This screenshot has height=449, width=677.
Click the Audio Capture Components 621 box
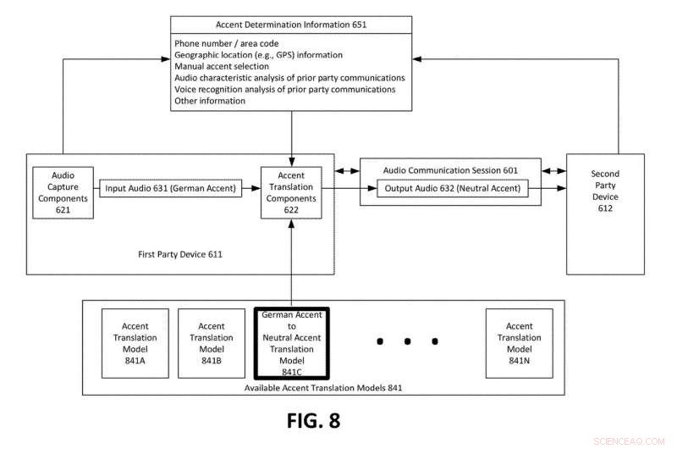click(63, 192)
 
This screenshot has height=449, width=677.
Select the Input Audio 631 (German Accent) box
click(171, 188)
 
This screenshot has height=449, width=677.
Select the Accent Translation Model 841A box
click(135, 343)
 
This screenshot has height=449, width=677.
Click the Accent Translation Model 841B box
click(211, 343)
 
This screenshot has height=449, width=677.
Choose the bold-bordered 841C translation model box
click(291, 343)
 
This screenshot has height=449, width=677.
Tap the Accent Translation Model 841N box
click(519, 343)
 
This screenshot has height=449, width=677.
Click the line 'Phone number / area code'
click(226, 43)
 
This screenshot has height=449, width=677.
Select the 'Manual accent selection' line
click(222, 66)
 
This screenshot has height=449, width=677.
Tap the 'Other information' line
click(210, 101)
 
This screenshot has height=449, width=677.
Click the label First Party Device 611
click(180, 253)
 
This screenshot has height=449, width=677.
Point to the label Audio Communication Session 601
click(450, 169)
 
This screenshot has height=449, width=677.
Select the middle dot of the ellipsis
click(407, 341)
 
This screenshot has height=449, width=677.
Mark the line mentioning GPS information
click(258, 54)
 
